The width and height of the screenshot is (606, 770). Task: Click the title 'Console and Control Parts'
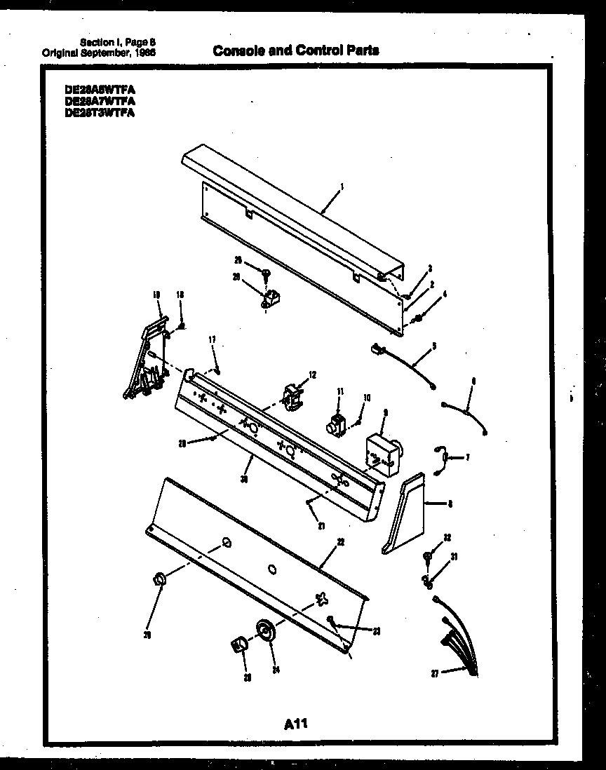pos(295,50)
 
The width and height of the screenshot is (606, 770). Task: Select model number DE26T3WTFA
pos(99,111)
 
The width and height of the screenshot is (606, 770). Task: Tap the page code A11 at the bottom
pos(297,723)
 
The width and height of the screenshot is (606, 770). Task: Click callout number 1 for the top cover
pos(341,187)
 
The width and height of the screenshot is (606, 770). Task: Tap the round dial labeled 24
pos(265,630)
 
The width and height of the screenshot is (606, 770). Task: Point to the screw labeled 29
pos(266,273)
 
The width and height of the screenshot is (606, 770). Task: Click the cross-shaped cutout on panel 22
pos(321,597)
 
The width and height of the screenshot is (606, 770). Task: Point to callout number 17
pos(211,340)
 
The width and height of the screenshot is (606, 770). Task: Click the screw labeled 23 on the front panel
pos(331,619)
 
